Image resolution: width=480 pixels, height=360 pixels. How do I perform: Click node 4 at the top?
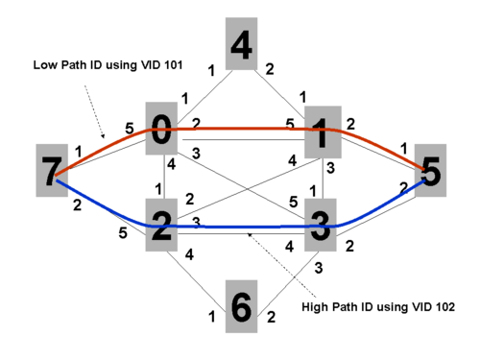pyautogui.click(x=241, y=44)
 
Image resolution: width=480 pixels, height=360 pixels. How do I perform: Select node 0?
pyautogui.click(x=161, y=129)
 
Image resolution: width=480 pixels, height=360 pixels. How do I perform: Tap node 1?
pyautogui.click(x=323, y=132)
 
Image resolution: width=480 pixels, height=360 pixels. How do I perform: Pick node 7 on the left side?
pyautogui.click(x=52, y=170)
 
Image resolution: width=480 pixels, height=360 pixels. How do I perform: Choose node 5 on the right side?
pyautogui.click(x=430, y=170)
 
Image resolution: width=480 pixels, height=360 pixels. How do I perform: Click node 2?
pyautogui.click(x=161, y=225)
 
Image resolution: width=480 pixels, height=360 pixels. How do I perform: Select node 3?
pyautogui.click(x=321, y=225)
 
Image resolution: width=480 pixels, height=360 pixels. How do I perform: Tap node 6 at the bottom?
pyautogui.click(x=241, y=306)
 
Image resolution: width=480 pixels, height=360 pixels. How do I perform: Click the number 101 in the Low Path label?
pyautogui.click(x=173, y=65)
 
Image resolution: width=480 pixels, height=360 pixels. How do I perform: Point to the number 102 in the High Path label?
pyautogui.click(x=445, y=307)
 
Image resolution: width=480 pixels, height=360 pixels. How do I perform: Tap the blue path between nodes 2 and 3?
pyautogui.click(x=241, y=227)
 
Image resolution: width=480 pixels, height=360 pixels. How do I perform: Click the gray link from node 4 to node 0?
pyautogui.click(x=205, y=97)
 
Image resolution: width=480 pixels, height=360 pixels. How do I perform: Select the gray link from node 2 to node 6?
pyautogui.click(x=196, y=281)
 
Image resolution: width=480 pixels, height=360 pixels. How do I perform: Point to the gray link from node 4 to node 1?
pyautogui.click(x=279, y=94)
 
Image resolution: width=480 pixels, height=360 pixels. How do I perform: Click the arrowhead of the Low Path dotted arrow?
pyautogui.click(x=103, y=136)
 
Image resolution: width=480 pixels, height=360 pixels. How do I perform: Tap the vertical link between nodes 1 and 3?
pyautogui.click(x=323, y=179)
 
